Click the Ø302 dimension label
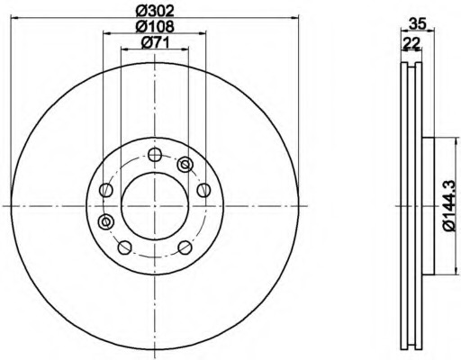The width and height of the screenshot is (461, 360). (x=155, y=11)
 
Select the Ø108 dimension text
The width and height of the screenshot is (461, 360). (x=155, y=26)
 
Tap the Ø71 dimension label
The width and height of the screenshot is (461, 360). (x=155, y=42)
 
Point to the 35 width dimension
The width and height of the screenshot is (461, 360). (x=418, y=23)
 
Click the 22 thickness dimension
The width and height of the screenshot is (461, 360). (x=411, y=44)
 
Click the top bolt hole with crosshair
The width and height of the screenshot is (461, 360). (x=155, y=155)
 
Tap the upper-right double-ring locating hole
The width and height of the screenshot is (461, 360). (x=185, y=165)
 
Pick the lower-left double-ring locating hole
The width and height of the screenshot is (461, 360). (x=105, y=221)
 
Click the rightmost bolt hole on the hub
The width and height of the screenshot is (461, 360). (x=203, y=190)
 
